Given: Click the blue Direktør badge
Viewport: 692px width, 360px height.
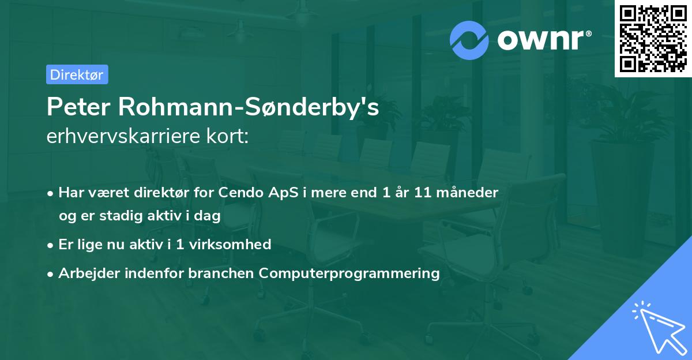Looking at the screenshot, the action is coord(77,74).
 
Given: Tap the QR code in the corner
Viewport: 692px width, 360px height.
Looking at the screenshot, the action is coord(653,39).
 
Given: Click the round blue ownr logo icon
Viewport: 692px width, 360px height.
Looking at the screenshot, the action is coord(469,40).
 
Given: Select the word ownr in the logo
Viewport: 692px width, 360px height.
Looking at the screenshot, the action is coord(540,40).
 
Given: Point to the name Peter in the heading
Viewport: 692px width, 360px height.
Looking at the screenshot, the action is coord(78,107).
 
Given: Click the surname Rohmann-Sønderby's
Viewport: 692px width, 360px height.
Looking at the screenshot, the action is coord(249,107).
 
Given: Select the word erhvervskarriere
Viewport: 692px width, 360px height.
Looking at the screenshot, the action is coord(123,136).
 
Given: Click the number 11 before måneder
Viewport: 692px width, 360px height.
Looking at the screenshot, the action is coord(422,193).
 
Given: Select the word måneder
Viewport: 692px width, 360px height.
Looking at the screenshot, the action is coord(467,193).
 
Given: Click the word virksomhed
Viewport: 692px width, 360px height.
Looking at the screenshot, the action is coord(230,245).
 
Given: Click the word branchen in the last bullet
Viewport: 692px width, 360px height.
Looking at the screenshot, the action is coord(221,273).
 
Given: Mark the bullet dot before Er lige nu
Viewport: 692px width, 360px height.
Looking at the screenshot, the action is coord(50,246).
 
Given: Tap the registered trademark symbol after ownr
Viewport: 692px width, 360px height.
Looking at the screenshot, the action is coord(588,33).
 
